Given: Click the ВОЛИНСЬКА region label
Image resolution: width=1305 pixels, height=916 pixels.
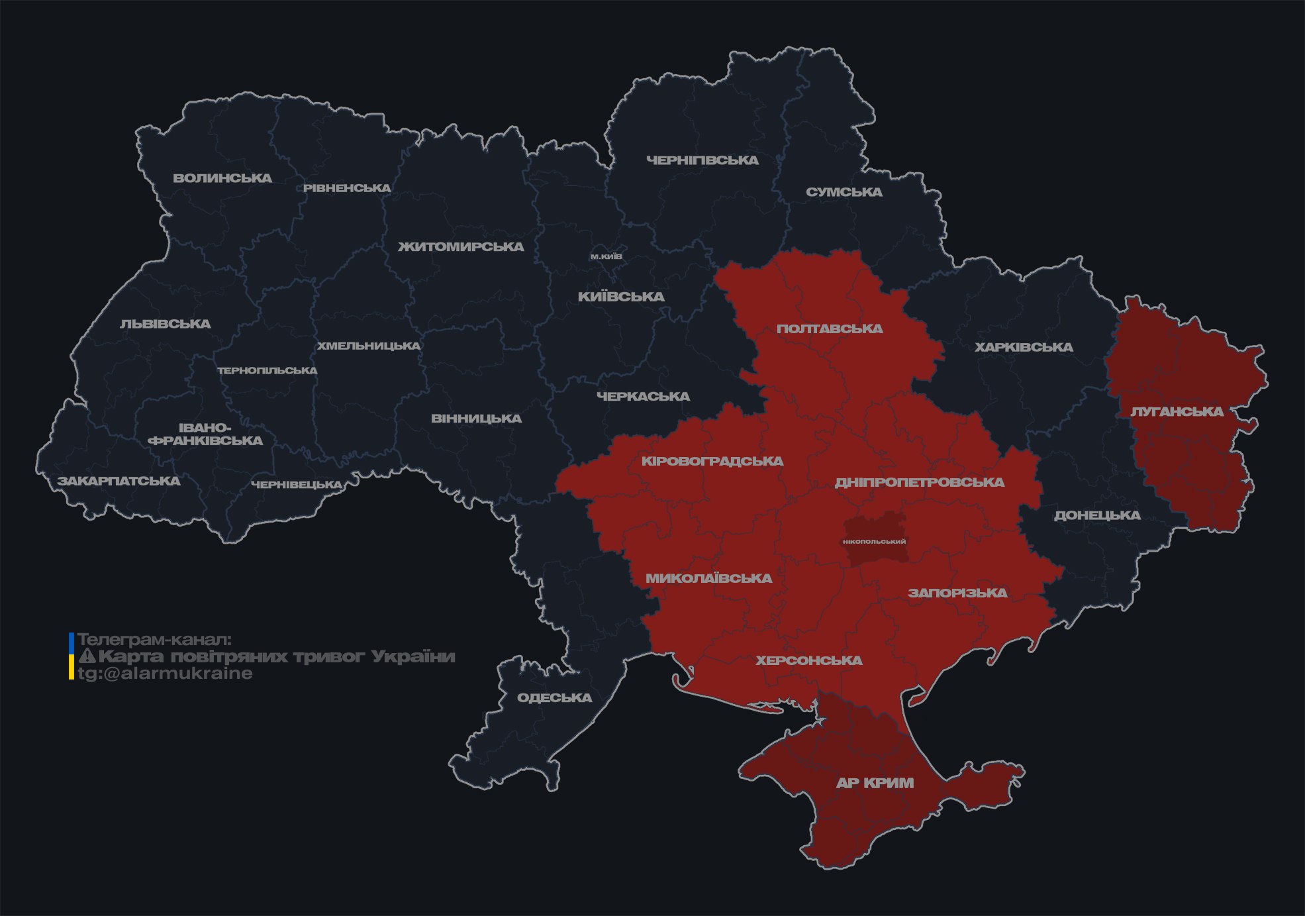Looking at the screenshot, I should pos(222,178).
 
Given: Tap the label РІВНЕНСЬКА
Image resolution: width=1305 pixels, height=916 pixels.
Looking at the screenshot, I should pos(347,188).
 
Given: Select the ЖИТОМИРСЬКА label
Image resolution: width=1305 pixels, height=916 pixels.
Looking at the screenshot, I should pos(461,247).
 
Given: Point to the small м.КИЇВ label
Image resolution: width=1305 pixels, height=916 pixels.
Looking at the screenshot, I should pos(606,256).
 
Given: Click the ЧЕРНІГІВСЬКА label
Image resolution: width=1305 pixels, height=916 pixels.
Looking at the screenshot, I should pos(702,160).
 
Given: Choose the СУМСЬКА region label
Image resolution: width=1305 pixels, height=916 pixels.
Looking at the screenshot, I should pos(844,192).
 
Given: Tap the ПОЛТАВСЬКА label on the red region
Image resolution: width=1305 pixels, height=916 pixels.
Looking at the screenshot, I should pos(830,329).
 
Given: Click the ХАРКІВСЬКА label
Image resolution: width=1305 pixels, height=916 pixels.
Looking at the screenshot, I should pos(1024,347).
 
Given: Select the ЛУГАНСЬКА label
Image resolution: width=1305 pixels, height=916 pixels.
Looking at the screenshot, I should pos(1177,411).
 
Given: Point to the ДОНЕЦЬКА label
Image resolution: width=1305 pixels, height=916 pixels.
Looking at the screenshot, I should pos(1097,515).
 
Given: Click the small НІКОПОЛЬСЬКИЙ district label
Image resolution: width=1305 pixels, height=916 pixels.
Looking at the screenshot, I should pos(874,542).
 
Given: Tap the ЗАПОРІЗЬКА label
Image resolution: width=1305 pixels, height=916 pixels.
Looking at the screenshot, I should pos(957,593).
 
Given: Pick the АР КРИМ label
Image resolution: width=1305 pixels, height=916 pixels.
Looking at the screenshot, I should pos(875,783).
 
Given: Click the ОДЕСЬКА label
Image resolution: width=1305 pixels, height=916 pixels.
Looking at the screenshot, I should pos(554,697).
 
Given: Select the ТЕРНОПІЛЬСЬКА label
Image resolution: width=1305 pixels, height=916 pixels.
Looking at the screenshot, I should pos(267,371).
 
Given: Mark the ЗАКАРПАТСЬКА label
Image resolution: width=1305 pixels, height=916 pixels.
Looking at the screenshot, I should pos(119,481).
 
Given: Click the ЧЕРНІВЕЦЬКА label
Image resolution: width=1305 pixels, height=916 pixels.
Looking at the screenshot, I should pos(297,485).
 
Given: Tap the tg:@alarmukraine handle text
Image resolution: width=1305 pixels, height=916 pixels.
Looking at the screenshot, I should pos(166,674).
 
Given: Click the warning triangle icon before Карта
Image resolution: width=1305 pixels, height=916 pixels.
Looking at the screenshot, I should pos(87,656).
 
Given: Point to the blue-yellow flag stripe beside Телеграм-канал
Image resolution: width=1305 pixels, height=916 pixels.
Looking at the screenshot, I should pos(72,656).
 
